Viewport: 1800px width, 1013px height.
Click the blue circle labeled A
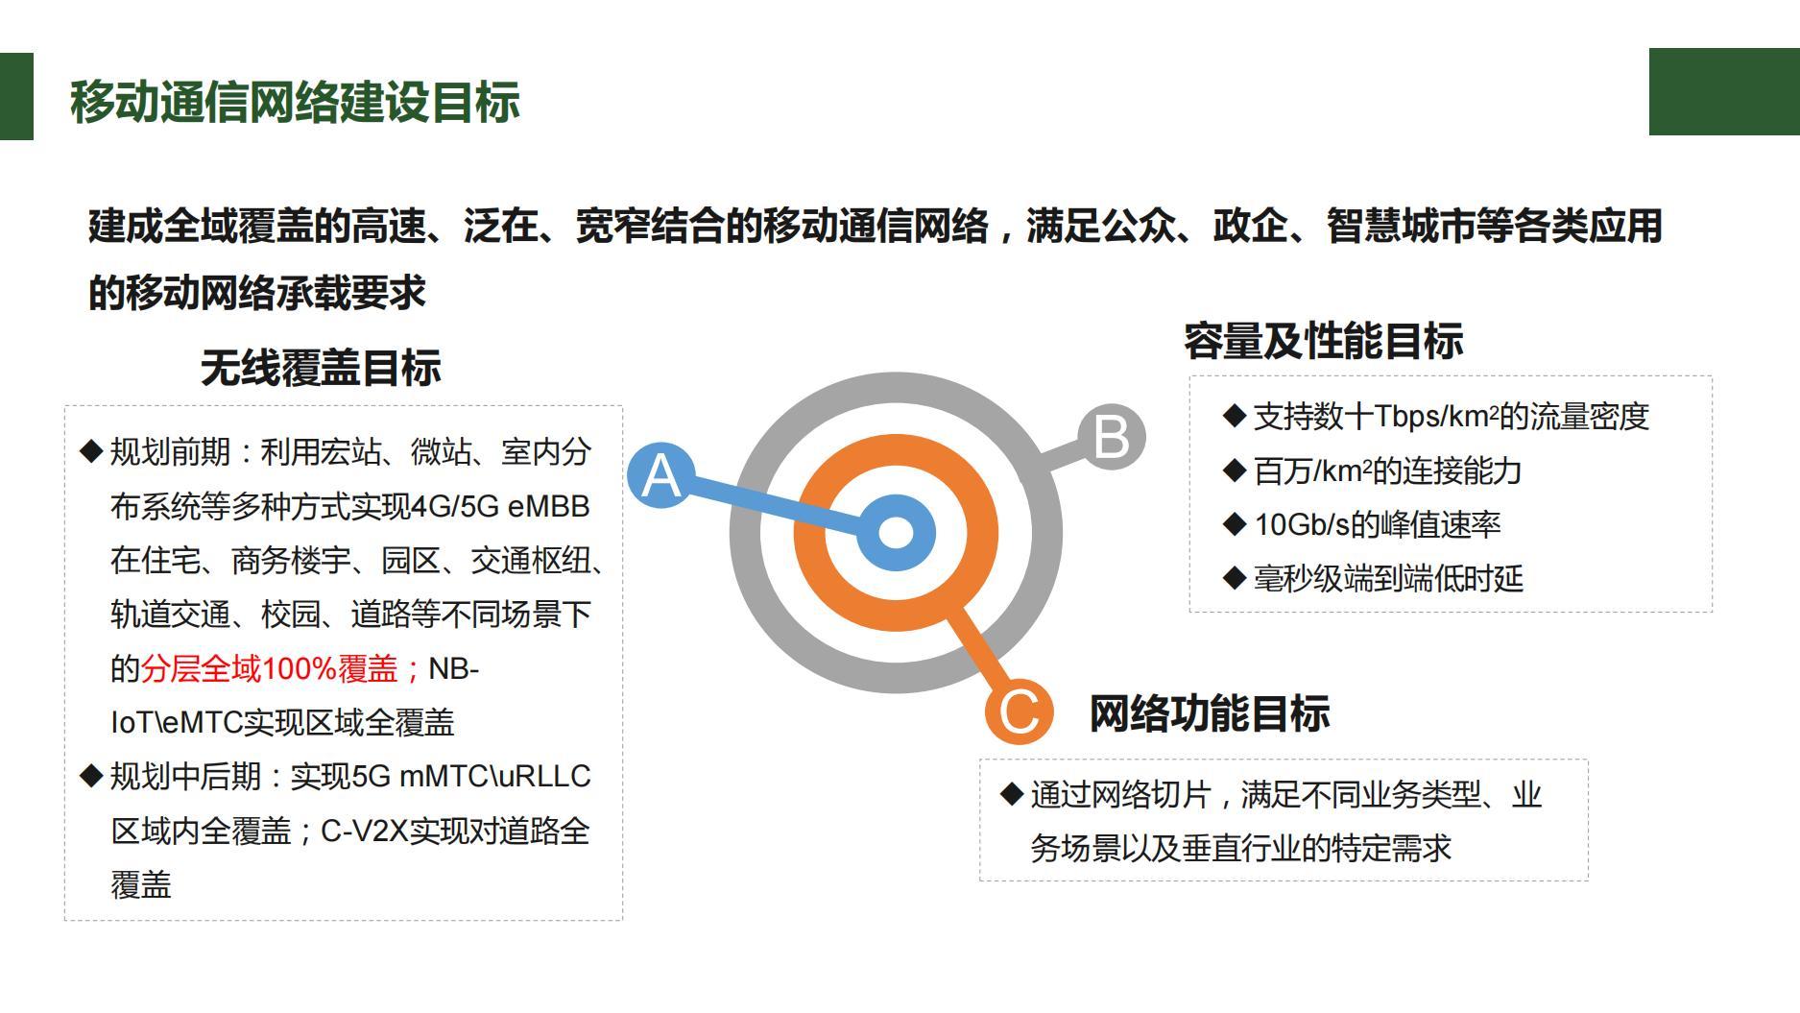coord(661,475)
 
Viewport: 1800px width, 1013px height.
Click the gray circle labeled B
coord(1112,437)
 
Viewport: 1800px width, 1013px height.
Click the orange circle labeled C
coord(1020,711)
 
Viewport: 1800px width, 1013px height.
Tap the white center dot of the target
coord(896,533)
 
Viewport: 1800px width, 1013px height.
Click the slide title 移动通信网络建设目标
coord(295,102)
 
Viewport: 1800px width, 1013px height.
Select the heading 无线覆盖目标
coord(321,368)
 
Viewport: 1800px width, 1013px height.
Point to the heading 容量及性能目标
coord(1324,341)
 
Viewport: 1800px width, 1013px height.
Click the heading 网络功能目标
coord(1210,713)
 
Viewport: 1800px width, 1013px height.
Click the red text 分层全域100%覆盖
coord(270,668)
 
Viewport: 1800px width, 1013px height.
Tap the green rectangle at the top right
coord(1724,91)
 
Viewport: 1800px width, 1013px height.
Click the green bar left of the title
coord(16,96)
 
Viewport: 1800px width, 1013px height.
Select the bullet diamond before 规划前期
coord(91,451)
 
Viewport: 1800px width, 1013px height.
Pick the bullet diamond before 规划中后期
coord(91,776)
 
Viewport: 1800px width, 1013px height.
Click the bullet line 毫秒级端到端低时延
coord(1388,578)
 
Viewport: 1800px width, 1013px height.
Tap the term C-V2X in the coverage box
coord(365,831)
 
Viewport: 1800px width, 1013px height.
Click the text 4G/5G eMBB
coord(500,506)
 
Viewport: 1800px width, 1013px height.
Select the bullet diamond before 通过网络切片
coord(1011,794)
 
